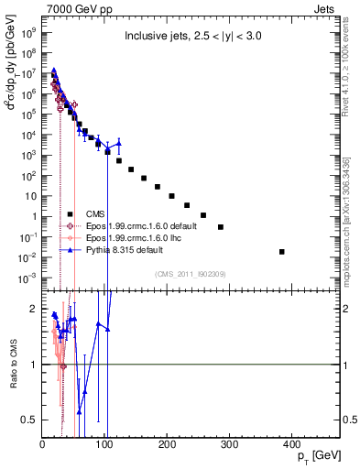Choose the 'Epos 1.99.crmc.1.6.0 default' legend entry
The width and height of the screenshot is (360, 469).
(136, 226)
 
